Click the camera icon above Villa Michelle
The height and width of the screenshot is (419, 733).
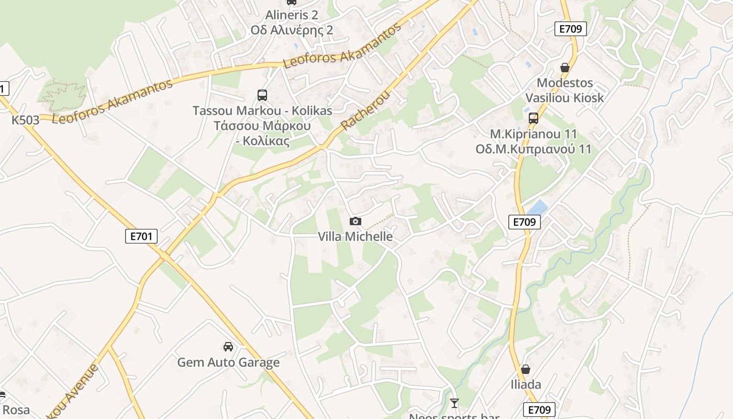356,222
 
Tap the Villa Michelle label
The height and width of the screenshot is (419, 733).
356,237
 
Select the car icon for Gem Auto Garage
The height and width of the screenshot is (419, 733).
228,347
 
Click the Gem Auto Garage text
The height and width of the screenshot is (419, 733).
228,362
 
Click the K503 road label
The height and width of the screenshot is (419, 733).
26,120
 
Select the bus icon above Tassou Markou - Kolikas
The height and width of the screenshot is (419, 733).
262,95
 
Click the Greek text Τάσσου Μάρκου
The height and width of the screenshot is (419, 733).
262,126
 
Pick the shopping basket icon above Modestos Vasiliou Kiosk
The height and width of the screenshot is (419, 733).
565,68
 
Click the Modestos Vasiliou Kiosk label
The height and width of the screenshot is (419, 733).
564,90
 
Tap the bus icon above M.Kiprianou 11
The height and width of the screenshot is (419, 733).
534,118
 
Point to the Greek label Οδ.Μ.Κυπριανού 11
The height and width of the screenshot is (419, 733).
534,149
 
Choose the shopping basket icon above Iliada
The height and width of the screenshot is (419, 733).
526,370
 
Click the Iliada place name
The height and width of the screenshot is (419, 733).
526,385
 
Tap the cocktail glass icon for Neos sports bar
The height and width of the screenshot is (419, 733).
454,403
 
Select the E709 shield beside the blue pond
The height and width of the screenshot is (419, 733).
524,222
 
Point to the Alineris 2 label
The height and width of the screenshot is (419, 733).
292,15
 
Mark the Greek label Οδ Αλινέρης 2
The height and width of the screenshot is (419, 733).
292,30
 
